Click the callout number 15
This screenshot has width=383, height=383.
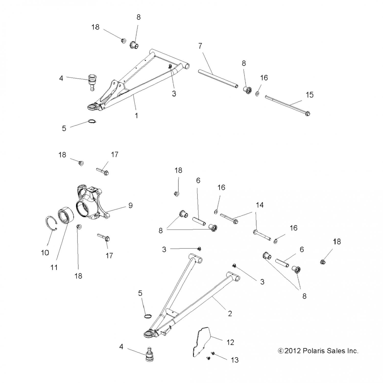coord(309,95)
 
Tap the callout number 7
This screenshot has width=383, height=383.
coord(200,46)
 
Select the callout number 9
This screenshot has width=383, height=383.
coord(130,205)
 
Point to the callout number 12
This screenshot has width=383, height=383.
coord(230,342)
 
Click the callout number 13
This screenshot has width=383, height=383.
coord(234,360)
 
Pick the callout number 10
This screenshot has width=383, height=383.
coord(45,253)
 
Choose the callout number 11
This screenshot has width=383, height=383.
coord(54,267)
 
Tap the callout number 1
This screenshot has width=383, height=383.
coord(137,116)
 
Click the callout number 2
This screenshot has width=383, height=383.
coord(230,314)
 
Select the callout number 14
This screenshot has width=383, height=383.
coord(260,205)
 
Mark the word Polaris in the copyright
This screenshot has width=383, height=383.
coord(312,351)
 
